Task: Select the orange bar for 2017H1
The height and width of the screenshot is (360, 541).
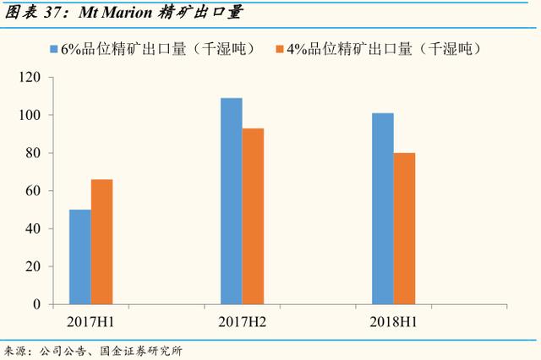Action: [101, 242]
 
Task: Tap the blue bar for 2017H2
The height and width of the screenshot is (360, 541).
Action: [231, 200]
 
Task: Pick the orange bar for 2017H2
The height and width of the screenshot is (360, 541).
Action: [253, 215]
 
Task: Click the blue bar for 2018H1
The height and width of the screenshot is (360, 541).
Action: [383, 208]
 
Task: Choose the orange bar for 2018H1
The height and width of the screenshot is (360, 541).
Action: [404, 228]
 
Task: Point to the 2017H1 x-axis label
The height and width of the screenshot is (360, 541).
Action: [91, 322]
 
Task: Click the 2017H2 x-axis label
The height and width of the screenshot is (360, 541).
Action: [242, 322]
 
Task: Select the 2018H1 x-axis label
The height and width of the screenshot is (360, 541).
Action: [394, 322]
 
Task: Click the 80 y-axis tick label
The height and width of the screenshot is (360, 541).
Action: [34, 153]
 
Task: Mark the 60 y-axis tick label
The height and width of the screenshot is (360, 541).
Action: [34, 191]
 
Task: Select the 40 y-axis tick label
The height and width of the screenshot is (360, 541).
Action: [34, 228]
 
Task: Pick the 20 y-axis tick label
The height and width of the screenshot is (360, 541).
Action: [34, 266]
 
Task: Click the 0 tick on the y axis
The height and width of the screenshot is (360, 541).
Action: [37, 304]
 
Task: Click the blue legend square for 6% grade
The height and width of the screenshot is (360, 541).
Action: [53, 48]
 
